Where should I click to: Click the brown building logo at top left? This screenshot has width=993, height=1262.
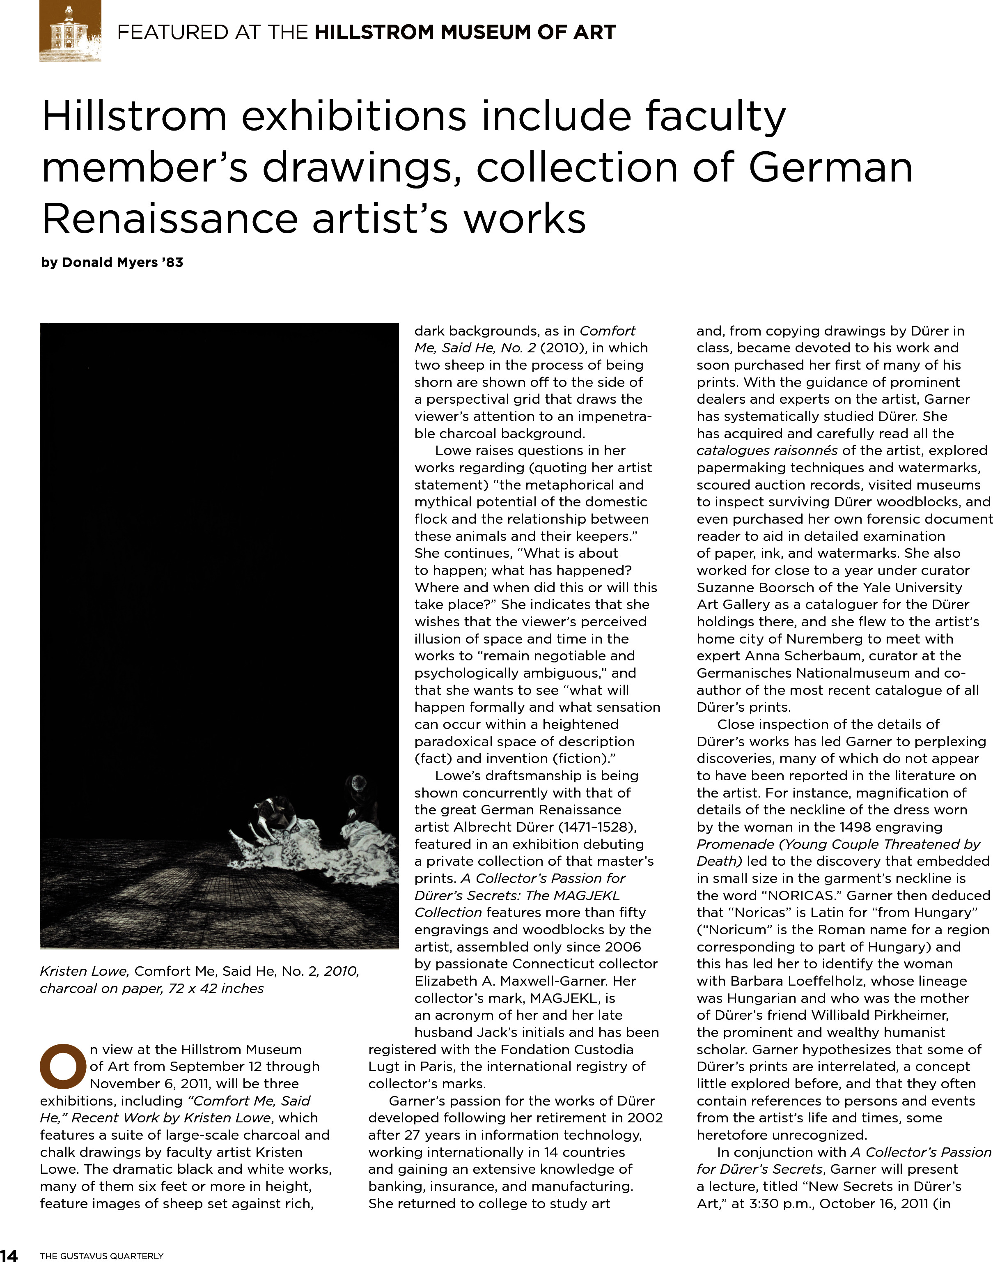click(70, 31)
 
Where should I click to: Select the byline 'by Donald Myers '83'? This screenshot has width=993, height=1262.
click(112, 262)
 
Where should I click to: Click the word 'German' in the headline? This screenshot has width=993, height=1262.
click(830, 168)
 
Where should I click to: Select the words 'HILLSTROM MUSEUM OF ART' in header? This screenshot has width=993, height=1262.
click(465, 32)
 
